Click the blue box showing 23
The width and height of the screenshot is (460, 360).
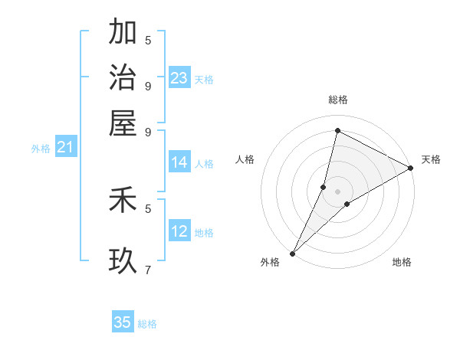coord(179,78)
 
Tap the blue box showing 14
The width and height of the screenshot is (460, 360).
coord(179,162)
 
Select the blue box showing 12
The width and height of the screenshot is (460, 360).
coord(179,231)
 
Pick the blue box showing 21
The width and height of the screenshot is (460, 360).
coord(65,148)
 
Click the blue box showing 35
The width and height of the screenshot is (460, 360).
coord(123,322)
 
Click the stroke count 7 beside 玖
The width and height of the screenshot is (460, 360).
coord(148,269)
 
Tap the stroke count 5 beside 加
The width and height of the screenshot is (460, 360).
coord(148,40)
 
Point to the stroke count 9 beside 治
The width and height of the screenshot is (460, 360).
coord(148,85)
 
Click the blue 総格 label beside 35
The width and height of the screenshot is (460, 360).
coord(147,324)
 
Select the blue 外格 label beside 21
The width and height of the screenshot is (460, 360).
coord(41,149)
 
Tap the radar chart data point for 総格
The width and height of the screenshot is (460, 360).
coord(337,131)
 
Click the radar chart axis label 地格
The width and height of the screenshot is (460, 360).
coord(402,262)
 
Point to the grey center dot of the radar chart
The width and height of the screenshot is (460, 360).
coord(337,191)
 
